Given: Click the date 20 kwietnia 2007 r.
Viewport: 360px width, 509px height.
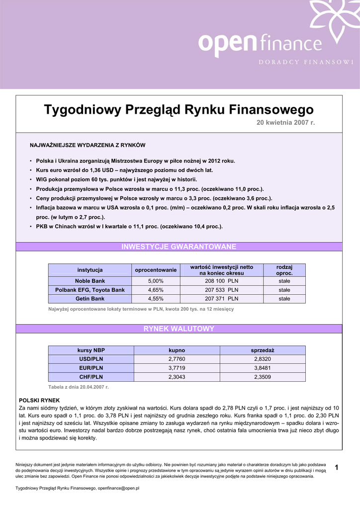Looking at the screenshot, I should (286, 122).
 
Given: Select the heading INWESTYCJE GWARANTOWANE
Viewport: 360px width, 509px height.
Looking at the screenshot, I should (179, 247).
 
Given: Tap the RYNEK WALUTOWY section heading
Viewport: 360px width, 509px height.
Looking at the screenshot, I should (179, 329).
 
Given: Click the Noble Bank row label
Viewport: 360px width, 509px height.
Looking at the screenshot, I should (90, 281).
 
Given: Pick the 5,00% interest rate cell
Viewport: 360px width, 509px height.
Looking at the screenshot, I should (156, 281).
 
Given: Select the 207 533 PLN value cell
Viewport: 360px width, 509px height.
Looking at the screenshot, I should (221, 290).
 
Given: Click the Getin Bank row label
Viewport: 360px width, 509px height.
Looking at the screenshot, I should (90, 299).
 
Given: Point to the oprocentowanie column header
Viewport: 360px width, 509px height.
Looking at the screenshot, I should (156, 270).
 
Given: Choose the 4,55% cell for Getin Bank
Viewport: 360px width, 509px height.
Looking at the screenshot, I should (156, 299).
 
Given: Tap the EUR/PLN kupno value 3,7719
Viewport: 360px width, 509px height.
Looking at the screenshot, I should (177, 368).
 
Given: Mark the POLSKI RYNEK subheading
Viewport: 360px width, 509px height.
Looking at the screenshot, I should (39, 400).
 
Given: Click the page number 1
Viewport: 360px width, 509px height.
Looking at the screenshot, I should (337, 467).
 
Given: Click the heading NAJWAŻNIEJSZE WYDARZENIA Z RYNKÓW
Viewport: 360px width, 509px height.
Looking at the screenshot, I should (88, 145).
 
